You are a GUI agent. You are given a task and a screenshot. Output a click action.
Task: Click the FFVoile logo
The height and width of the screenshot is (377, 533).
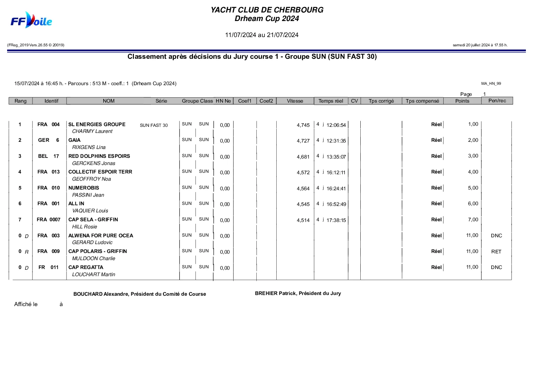pos(31,21)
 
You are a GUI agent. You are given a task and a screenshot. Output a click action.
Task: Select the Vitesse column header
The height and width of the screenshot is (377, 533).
pos(295,101)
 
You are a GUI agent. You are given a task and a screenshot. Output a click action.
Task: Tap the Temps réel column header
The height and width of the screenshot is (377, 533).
pos(331,101)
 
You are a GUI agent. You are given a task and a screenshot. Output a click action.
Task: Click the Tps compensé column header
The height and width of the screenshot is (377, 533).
pos(422,101)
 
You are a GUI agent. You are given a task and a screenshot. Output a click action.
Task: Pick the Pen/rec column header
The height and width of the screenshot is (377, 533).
pos(497,100)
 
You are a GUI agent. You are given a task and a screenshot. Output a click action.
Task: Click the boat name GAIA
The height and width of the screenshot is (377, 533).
pos(74,140)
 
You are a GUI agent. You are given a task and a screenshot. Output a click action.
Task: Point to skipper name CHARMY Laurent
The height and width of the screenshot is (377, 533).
pos(92,131)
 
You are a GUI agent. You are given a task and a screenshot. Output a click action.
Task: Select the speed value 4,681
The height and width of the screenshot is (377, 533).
pos(303,157)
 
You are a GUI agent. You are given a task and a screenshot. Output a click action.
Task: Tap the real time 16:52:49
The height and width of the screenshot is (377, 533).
pos(336,204)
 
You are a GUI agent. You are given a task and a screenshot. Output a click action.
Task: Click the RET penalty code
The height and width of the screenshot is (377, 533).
pos(496,252)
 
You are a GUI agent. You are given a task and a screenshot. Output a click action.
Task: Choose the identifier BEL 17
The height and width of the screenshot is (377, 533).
pos(49,156)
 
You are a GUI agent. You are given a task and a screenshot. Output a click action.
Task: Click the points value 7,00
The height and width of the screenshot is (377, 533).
pos(473,220)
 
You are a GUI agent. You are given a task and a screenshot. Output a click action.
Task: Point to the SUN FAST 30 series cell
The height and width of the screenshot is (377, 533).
pos(154,125)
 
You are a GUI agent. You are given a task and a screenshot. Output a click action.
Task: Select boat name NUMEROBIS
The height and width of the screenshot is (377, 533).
pos(84,188)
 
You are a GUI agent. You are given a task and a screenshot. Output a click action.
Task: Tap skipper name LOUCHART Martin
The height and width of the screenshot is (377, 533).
pos(94,274)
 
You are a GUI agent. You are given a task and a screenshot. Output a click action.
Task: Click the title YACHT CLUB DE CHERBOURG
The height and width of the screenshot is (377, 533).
pos(267,10)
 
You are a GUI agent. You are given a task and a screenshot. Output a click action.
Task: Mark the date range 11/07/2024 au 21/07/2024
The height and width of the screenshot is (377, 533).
pos(262,35)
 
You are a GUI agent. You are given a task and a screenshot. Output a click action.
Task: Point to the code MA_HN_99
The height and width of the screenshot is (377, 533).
pos(491,83)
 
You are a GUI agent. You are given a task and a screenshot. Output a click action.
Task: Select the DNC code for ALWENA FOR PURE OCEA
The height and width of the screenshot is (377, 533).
pos(496,236)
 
